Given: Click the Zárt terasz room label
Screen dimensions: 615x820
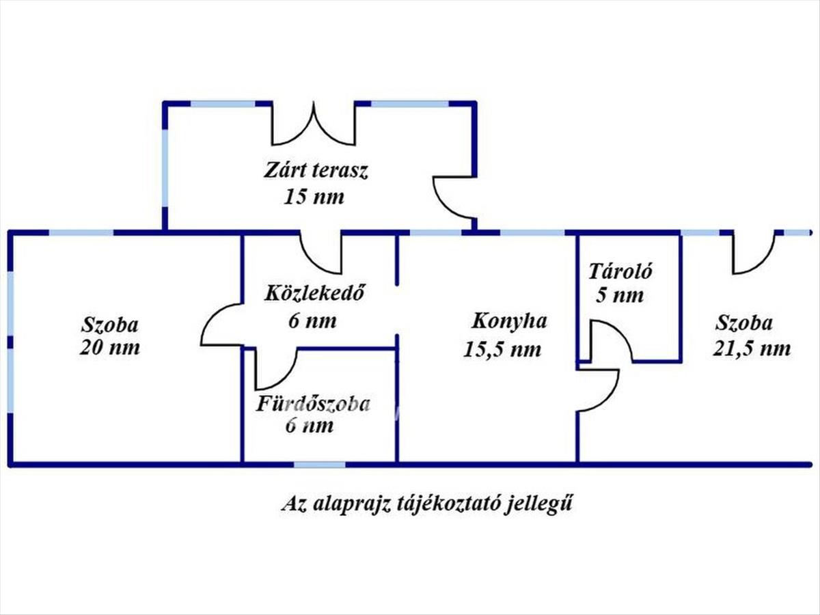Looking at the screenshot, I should tap(316, 171).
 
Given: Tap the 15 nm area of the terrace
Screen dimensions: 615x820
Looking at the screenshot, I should tap(314, 197).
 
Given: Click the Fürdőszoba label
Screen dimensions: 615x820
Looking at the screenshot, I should tap(313, 404).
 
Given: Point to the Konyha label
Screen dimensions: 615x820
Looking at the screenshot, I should tap(509, 321).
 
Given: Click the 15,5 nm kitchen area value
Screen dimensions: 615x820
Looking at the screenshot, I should tap(502, 349).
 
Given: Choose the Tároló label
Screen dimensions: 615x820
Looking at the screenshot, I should tap(620, 271).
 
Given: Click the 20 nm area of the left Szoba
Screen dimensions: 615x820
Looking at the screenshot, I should tap(110, 347).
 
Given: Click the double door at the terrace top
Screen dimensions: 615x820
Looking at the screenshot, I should tap(314, 124).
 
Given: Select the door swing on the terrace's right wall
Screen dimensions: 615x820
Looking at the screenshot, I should tap(452, 197).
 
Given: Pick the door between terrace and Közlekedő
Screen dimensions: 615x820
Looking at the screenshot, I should tap(320, 252).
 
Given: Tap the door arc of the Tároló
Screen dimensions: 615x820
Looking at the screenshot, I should tap(610, 342).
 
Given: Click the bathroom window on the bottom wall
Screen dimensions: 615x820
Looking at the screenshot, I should tap(320, 465).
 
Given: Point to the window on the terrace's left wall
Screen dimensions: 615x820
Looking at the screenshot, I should tap(165, 167).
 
